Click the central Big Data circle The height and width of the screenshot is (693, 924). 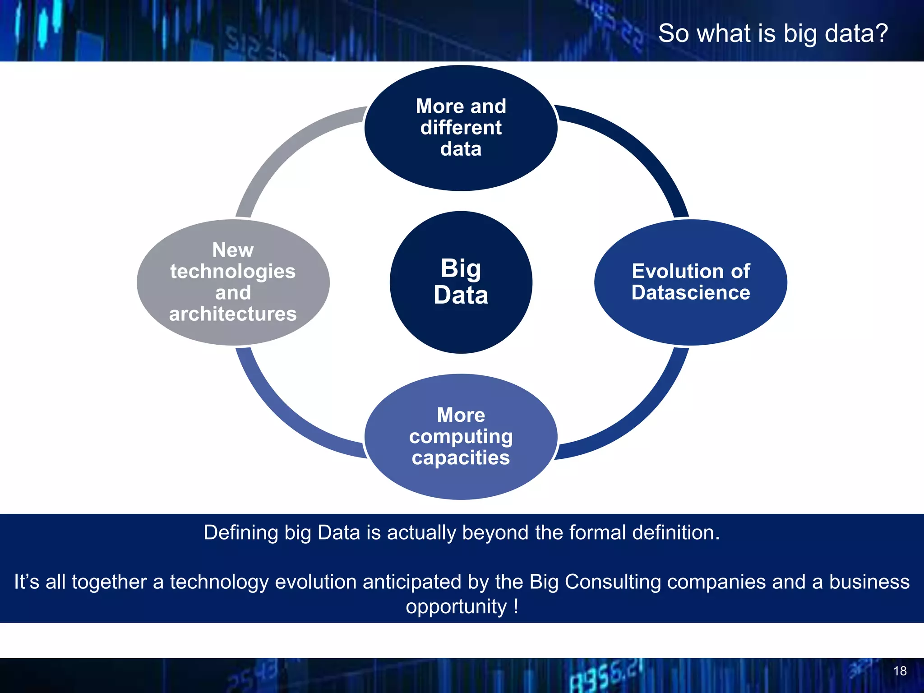click(x=461, y=282)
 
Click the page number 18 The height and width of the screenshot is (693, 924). click(x=900, y=671)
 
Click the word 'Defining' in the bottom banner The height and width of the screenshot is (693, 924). click(x=241, y=533)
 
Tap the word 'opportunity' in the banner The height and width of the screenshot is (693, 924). click(x=456, y=607)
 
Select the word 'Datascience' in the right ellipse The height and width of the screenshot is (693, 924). click(x=690, y=293)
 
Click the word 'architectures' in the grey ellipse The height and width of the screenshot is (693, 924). click(x=233, y=314)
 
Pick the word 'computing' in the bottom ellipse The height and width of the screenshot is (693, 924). click(x=461, y=436)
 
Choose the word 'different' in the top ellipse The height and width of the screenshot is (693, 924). click(x=461, y=128)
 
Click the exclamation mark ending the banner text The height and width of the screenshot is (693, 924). click(x=515, y=606)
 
